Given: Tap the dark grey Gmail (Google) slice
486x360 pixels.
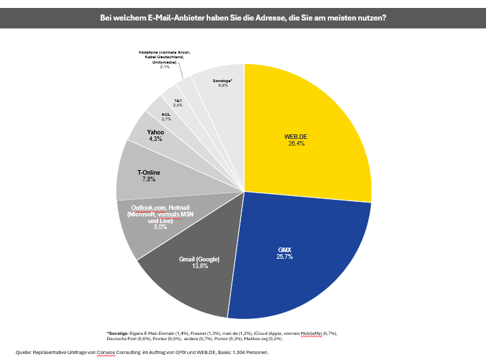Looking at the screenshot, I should pyautogui.click(x=192, y=278).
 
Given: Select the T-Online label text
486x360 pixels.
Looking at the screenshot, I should pyautogui.click(x=148, y=173).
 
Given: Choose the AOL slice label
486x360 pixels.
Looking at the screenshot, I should pyautogui.click(x=166, y=114).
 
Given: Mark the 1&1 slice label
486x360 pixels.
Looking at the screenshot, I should pyautogui.click(x=178, y=100).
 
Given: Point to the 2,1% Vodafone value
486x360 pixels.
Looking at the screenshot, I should pyautogui.click(x=165, y=66).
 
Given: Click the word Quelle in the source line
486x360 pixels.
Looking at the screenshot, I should pyautogui.click(x=24, y=352).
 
